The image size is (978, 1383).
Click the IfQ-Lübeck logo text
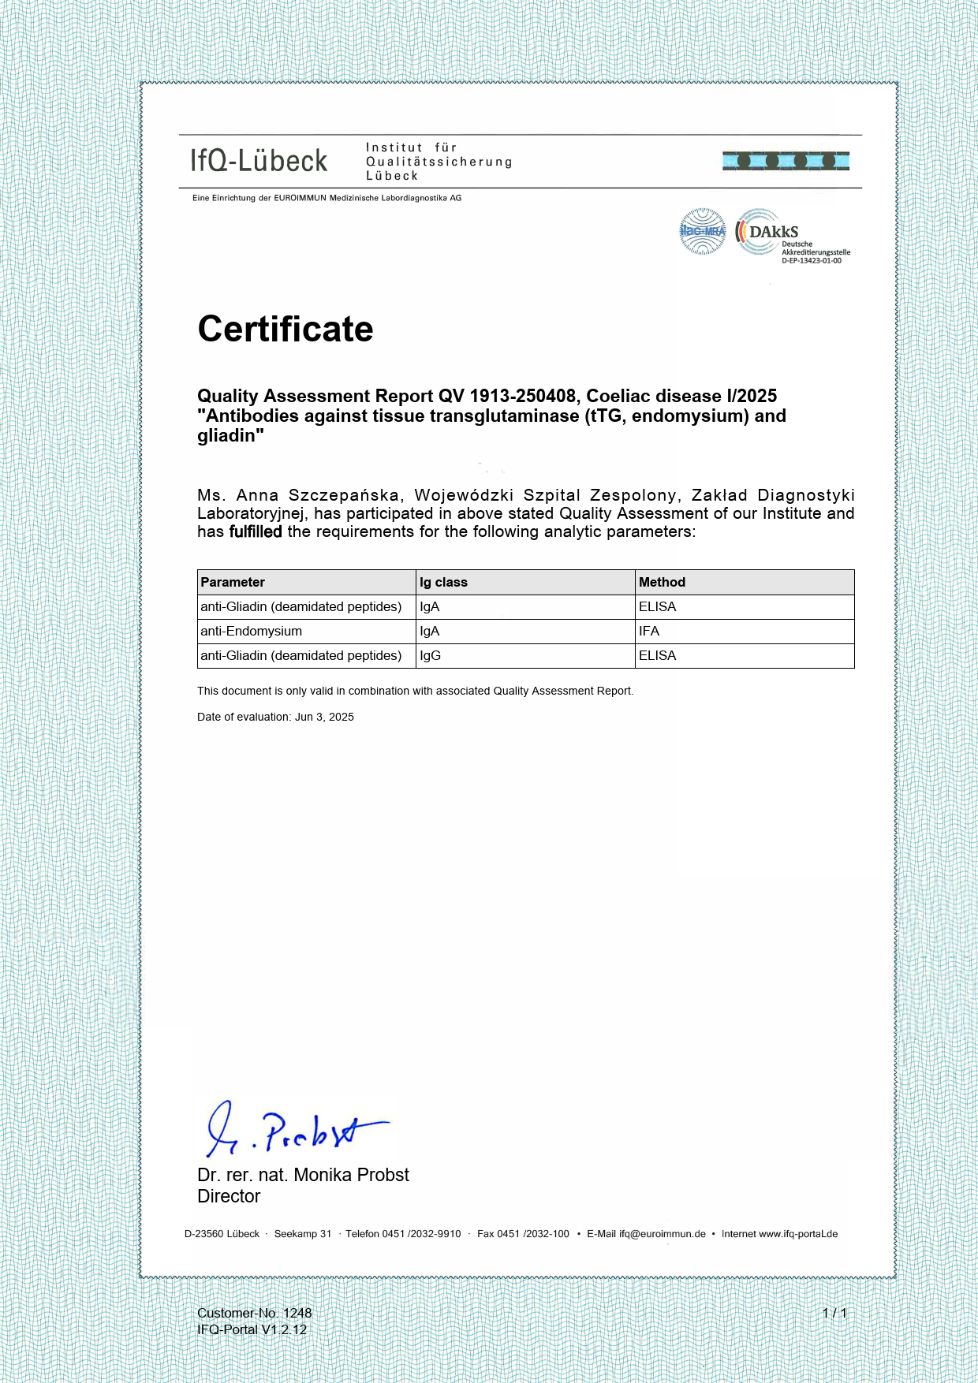point(259,161)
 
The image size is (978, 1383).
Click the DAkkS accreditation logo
point(791,234)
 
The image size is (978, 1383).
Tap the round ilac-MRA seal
point(702,231)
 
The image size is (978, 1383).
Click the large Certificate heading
point(286,329)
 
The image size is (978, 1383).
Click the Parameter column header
point(233,582)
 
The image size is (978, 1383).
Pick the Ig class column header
point(443,582)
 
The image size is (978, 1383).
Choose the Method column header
point(662,582)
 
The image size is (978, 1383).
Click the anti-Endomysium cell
point(251,631)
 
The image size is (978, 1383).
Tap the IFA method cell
point(649,631)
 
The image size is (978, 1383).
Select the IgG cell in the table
point(430,655)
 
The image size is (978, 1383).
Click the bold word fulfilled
point(256,531)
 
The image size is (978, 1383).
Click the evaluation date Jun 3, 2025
point(324,717)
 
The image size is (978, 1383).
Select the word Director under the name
point(229,1196)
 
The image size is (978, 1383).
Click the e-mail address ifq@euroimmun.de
point(662,1234)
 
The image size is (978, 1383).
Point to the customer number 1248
point(297,1313)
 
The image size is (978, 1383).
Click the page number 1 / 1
point(834,1313)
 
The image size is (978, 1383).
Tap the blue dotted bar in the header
point(786,161)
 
